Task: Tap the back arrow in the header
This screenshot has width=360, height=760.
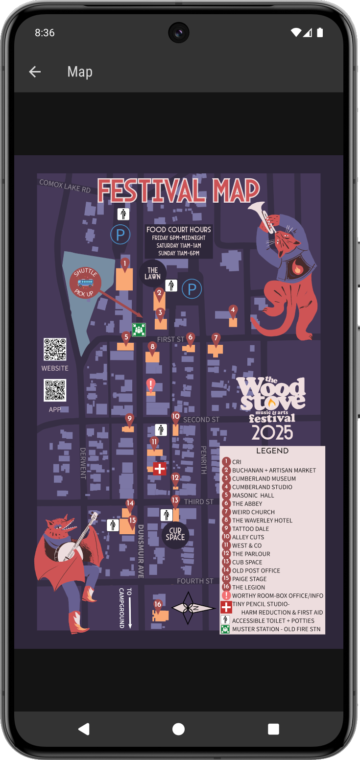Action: [x=35, y=72]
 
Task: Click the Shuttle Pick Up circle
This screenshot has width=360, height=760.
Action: [x=85, y=283]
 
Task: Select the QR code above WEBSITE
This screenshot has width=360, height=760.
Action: [x=55, y=350]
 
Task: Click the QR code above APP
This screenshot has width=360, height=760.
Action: [x=55, y=391]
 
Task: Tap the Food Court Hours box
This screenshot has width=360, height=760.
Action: [x=178, y=241]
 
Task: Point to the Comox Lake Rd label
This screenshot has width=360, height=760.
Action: [x=65, y=186]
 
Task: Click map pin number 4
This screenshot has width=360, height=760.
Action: [x=233, y=310]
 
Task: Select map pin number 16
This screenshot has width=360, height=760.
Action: [x=158, y=605]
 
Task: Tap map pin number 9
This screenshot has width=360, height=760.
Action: [x=129, y=419]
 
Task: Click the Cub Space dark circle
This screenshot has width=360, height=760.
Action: [x=175, y=534]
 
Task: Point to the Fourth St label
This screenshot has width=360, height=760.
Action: [x=195, y=581]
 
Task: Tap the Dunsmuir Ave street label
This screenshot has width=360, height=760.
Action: [x=141, y=551]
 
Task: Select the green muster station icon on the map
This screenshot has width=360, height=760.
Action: [x=139, y=330]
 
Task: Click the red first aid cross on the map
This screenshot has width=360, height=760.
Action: [x=160, y=469]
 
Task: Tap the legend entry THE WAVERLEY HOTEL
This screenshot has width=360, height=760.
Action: [x=262, y=521]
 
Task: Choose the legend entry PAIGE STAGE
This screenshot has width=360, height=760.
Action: [x=249, y=579]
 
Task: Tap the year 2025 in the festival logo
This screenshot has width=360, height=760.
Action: [x=272, y=432]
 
